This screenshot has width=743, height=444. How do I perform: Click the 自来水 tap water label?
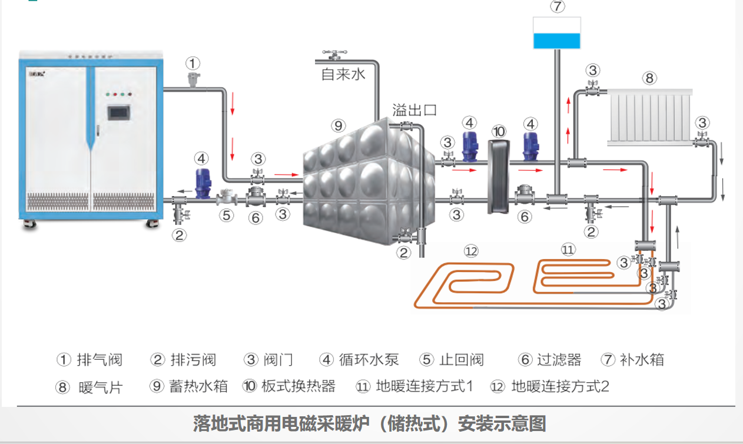point(343,74)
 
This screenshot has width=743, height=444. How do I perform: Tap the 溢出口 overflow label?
point(414,110)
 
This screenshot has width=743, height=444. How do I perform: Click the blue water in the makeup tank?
point(556,41)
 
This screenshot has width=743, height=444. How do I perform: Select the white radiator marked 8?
point(649,117)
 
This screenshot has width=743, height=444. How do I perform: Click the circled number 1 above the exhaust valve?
point(193,63)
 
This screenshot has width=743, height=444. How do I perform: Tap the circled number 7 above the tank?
point(556,7)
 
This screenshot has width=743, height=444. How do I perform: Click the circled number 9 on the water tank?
point(337,125)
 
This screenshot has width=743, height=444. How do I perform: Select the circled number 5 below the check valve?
point(227,215)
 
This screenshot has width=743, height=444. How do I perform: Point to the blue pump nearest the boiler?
point(203,182)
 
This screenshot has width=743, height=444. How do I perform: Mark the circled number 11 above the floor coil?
point(567,250)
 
